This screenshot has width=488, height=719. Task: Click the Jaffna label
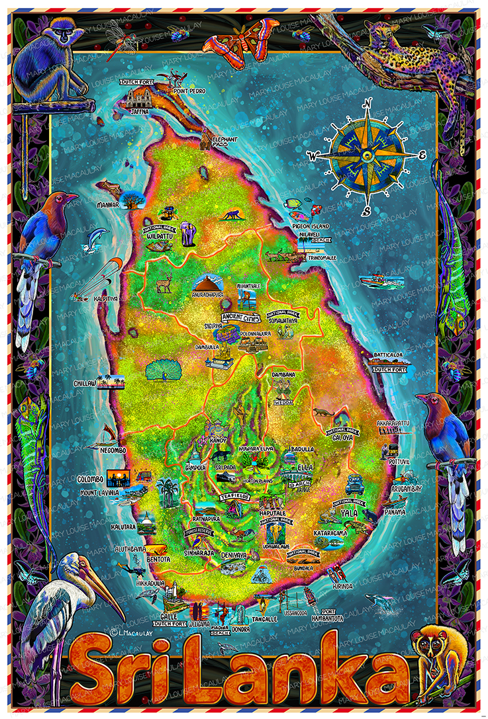[x=140, y=112]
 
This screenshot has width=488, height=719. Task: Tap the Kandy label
[x=218, y=440]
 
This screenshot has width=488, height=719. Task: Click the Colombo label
[x=91, y=478]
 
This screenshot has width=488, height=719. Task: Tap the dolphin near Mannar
[x=95, y=237]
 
